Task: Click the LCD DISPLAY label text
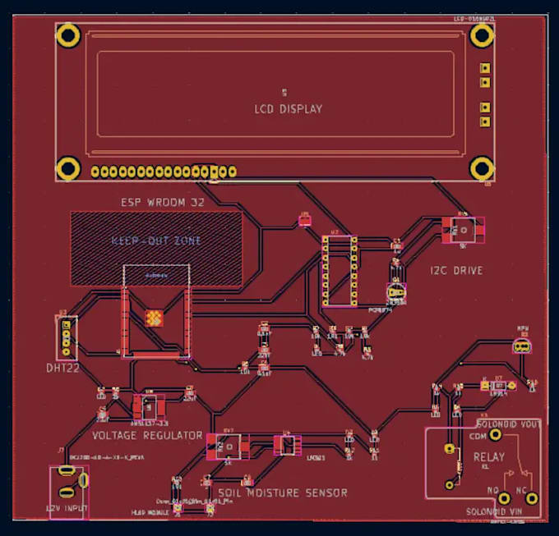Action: [x=288, y=109]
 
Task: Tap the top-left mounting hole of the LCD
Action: [x=68, y=35]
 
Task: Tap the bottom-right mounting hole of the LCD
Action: [x=483, y=168]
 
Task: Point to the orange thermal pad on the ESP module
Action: [x=153, y=317]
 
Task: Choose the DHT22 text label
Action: [x=63, y=369]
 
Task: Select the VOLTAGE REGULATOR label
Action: [x=147, y=435]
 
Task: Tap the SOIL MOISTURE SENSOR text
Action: [x=282, y=493]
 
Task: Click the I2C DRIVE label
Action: [x=456, y=270]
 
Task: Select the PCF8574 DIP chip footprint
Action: [x=339, y=269]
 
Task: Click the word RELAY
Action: [x=511, y=456]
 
